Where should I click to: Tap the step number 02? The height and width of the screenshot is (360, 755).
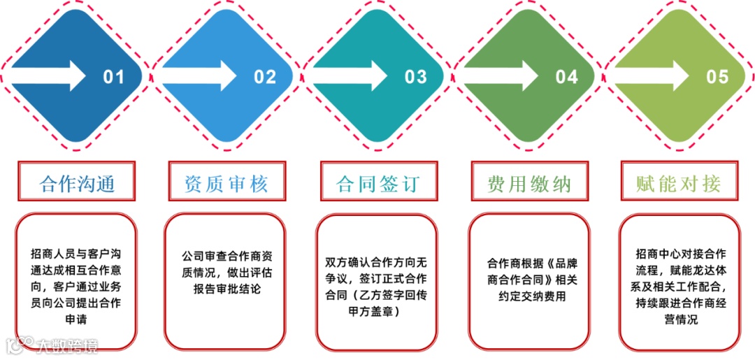pos(265,76)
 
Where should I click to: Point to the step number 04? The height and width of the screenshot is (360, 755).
pos(567,76)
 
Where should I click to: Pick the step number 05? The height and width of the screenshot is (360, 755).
pos(717,76)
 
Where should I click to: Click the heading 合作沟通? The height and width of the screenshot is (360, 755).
pos(77,184)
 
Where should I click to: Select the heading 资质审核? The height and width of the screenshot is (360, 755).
pos(226,184)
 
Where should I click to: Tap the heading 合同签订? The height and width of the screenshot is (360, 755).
pos(377,184)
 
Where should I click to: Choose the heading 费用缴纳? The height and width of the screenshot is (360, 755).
pos(529,184)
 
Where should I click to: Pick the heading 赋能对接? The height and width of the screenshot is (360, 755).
pos(679,184)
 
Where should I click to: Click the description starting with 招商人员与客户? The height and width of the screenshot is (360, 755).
pos(76,285)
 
